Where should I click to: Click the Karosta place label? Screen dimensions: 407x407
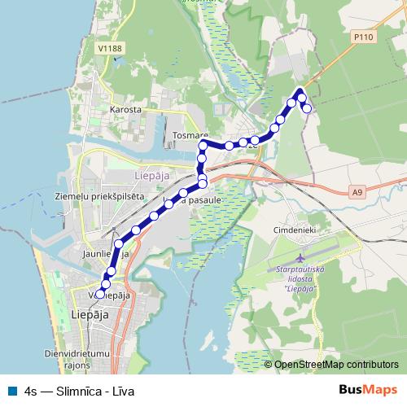coord(129,108)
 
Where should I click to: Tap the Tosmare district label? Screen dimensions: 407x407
coord(190,136)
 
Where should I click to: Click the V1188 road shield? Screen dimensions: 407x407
coord(110,49)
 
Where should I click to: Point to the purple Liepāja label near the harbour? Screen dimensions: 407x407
coord(152,176)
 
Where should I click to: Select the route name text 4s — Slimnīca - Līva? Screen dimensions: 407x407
coord(80,391)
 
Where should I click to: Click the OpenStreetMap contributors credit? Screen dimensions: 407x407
coord(336,365)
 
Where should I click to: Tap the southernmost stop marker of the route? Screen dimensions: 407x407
coord(101,294)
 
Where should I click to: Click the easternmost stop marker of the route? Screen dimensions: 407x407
coord(308,108)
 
